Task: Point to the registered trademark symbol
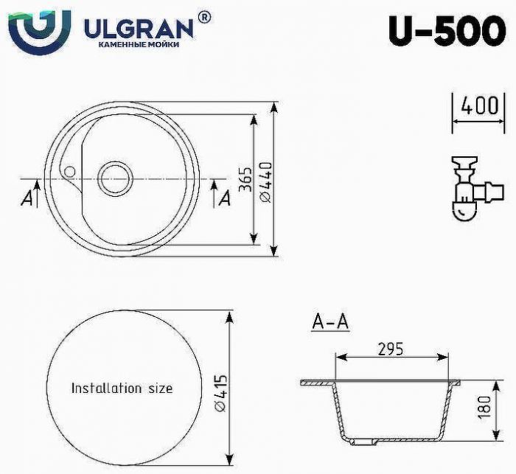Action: [x=204, y=16]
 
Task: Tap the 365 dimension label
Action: [x=247, y=179]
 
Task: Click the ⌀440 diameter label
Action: [x=266, y=179]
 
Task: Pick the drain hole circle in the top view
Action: [x=115, y=178]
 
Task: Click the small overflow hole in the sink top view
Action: [x=70, y=171]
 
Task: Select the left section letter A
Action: [x=27, y=198]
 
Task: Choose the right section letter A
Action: [x=225, y=198]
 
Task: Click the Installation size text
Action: [x=122, y=388]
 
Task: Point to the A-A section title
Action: [x=330, y=322]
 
